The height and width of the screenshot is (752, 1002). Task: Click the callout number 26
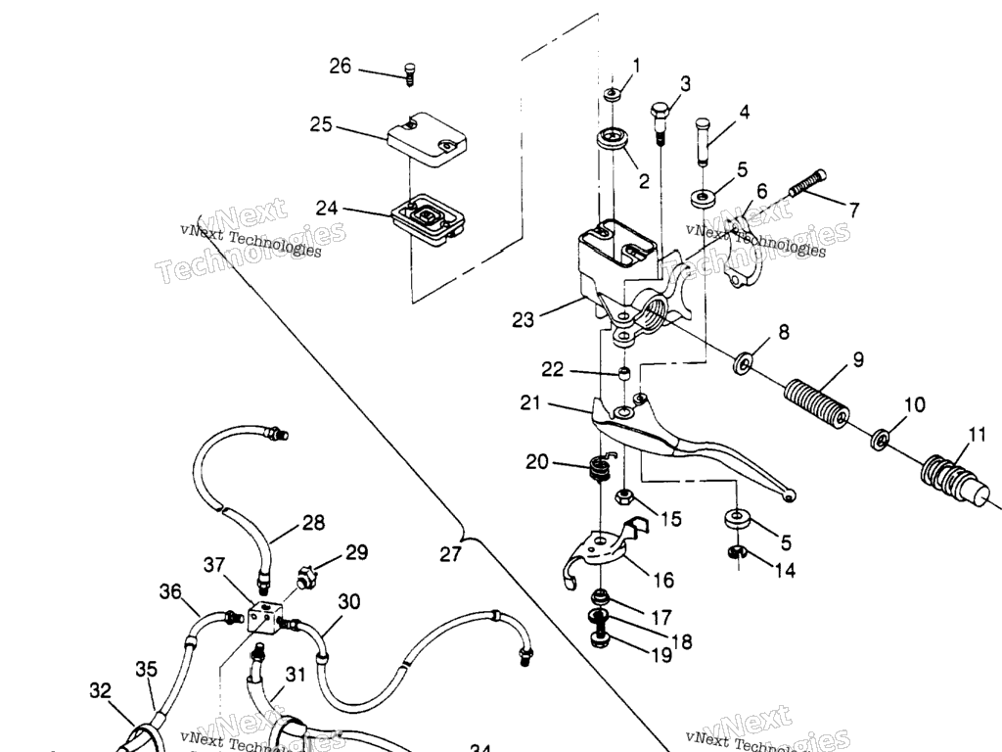click(x=340, y=67)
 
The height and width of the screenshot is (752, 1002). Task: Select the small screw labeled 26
click(x=409, y=71)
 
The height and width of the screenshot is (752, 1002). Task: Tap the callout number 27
click(x=449, y=554)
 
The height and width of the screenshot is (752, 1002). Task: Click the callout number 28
click(x=313, y=523)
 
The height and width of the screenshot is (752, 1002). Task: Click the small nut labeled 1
click(x=614, y=94)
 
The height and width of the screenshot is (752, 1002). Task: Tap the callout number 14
click(x=784, y=570)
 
